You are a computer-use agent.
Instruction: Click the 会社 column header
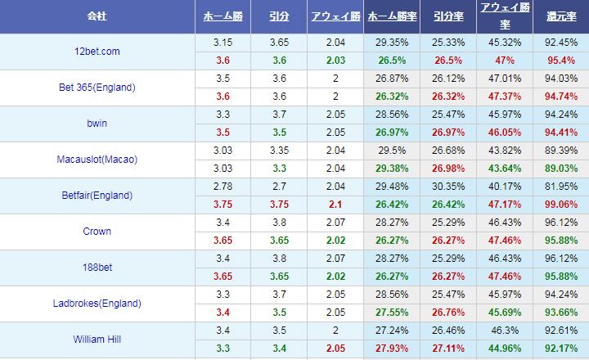[97, 17]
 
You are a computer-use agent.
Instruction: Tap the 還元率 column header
[560, 17]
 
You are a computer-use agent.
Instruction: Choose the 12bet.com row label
[97, 52]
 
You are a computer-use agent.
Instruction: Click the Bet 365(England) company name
[97, 88]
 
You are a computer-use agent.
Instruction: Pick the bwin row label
[97, 124]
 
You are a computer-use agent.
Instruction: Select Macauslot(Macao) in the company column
[97, 160]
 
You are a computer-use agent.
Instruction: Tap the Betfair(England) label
[97, 196]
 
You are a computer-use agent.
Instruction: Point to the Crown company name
[97, 232]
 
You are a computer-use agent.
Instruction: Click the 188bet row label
[97, 268]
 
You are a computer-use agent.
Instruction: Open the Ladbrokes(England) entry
[97, 304]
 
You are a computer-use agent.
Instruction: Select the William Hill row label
[97, 340]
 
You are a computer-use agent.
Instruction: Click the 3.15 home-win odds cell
[222, 43]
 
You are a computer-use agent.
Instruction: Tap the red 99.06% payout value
[560, 205]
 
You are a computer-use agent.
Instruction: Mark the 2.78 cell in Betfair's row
[222, 187]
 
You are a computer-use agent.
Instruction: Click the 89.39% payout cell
[560, 151]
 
